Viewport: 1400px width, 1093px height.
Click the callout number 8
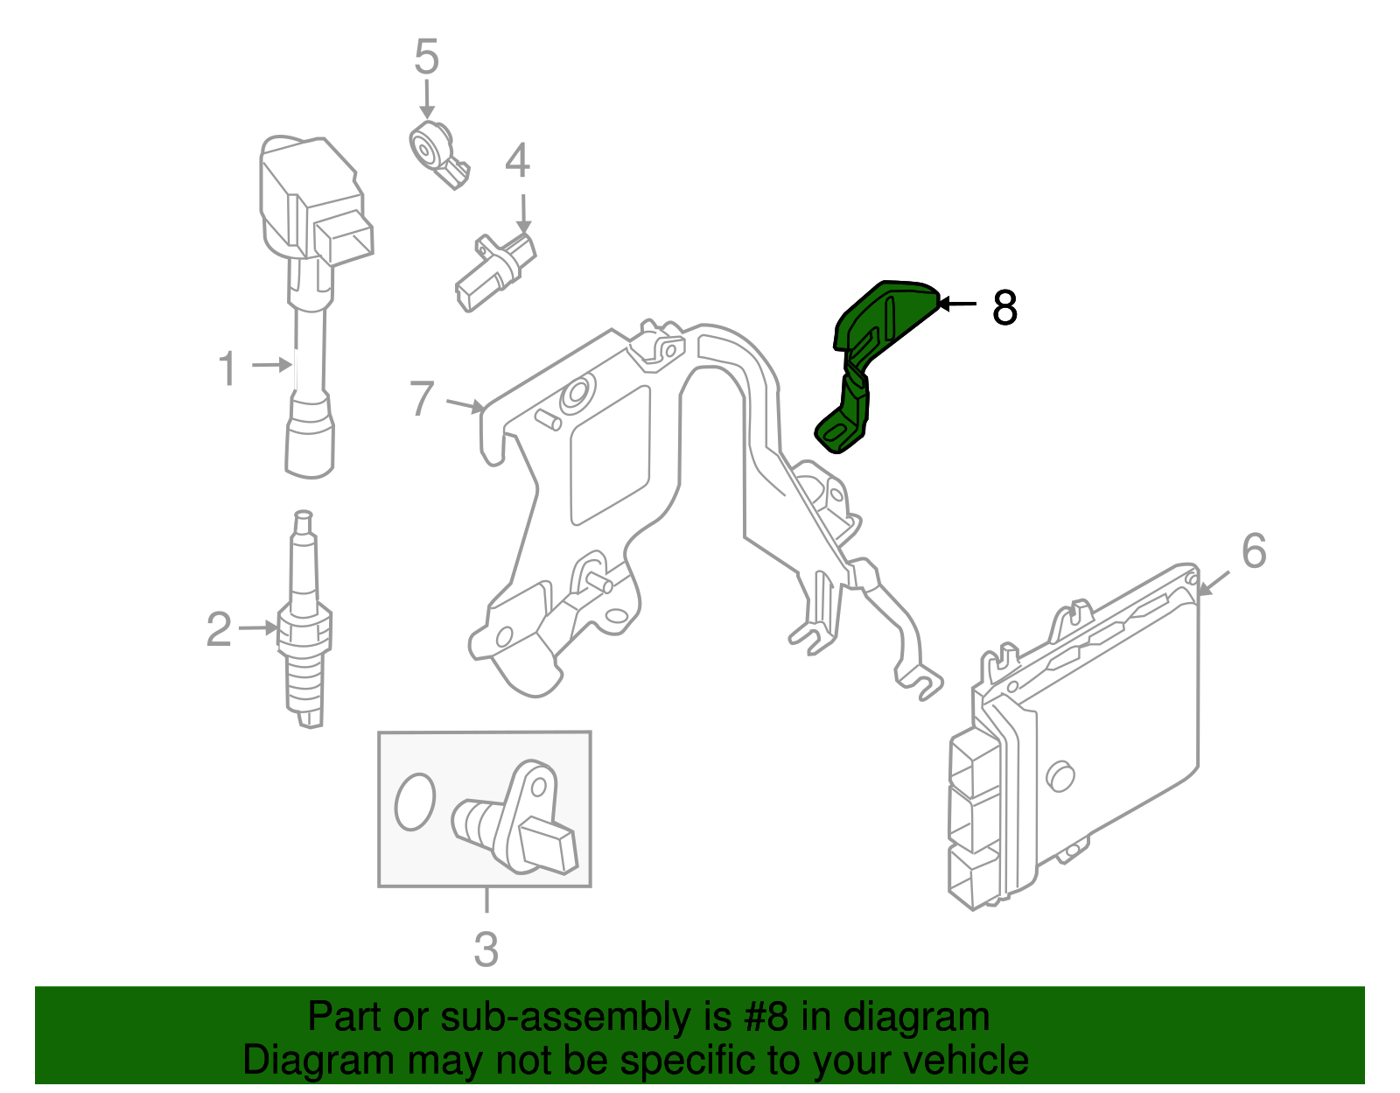click(x=1004, y=308)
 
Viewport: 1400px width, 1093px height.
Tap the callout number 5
click(x=426, y=58)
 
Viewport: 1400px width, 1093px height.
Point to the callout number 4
click(x=517, y=162)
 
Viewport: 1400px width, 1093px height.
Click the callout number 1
click(x=227, y=368)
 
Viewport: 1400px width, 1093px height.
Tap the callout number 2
click(x=219, y=630)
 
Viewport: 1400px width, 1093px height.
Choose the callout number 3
click(x=486, y=949)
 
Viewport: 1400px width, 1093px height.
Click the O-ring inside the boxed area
click(x=414, y=801)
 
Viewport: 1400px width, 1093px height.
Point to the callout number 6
click(x=1254, y=551)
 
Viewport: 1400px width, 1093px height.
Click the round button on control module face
click(x=1060, y=775)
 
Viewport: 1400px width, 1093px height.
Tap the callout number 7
click(x=422, y=399)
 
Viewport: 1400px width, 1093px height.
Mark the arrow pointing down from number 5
click(x=426, y=99)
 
